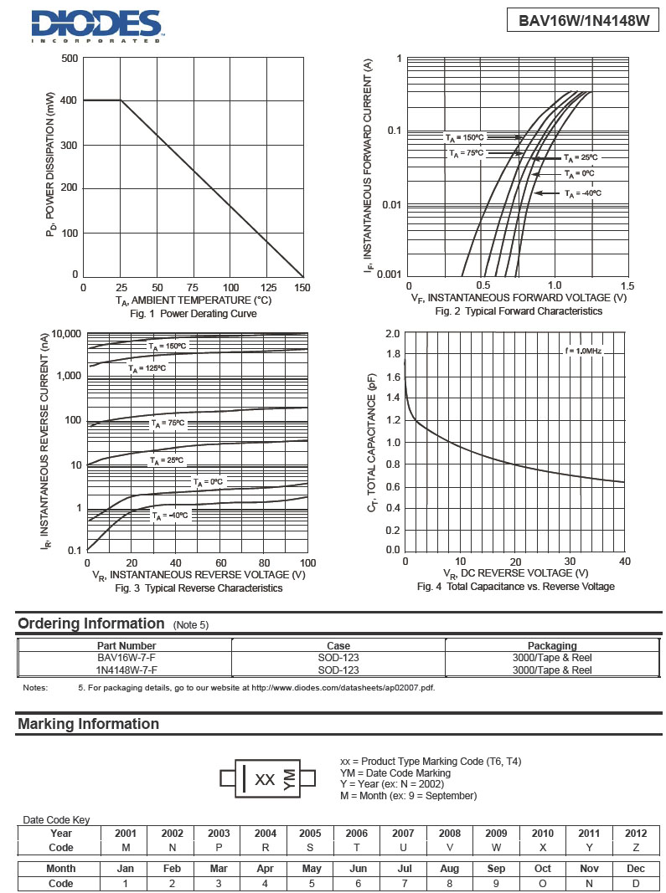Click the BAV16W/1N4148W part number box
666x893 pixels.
583,21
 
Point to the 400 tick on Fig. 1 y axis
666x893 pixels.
69,100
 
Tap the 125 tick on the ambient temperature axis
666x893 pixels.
270,288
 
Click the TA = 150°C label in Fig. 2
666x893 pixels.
464,137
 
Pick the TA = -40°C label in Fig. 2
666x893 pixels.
583,193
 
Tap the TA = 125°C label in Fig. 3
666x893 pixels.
147,368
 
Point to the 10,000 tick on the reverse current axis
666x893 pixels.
66,334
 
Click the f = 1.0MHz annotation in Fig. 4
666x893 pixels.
582,350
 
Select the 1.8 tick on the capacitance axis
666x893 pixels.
392,355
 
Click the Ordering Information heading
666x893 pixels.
91,624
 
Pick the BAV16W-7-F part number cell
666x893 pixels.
126,658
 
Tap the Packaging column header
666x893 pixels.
552,645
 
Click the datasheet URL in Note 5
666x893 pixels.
343,688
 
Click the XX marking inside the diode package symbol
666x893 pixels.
265,779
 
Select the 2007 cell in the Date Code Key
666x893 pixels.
403,833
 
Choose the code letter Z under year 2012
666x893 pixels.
636,847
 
